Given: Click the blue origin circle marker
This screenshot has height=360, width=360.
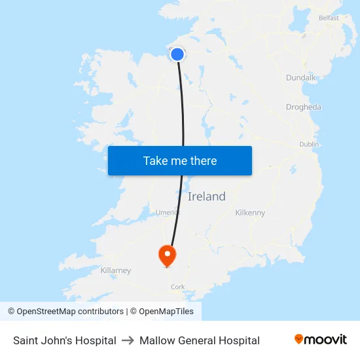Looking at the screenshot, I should [x=177, y=54].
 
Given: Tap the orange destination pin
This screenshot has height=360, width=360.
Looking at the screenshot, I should [x=168, y=254].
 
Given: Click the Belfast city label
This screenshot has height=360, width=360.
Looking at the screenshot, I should [x=329, y=18].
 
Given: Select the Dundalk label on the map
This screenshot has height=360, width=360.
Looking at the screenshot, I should [x=300, y=78].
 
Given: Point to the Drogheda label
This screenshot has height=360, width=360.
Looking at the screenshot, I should [x=304, y=107].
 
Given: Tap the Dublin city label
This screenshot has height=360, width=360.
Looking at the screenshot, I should [x=309, y=144].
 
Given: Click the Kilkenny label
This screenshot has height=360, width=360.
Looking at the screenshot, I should [x=250, y=213].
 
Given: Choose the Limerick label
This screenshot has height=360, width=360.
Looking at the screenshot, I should [x=168, y=212].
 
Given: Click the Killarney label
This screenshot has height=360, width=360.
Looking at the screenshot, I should [x=116, y=270].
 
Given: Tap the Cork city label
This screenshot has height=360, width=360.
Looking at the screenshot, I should [x=177, y=287].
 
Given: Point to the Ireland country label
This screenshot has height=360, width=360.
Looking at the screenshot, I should [x=207, y=196].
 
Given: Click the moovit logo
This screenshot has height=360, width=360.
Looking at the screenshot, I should [x=321, y=340].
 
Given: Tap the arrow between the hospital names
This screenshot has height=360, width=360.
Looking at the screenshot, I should [x=128, y=340].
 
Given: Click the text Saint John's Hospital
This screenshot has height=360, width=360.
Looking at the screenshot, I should [x=65, y=340].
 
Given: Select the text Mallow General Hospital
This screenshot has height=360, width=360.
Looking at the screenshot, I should [x=200, y=340].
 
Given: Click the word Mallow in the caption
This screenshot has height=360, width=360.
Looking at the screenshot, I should [x=155, y=340].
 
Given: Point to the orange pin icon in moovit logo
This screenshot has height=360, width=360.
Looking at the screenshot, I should [x=299, y=339].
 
